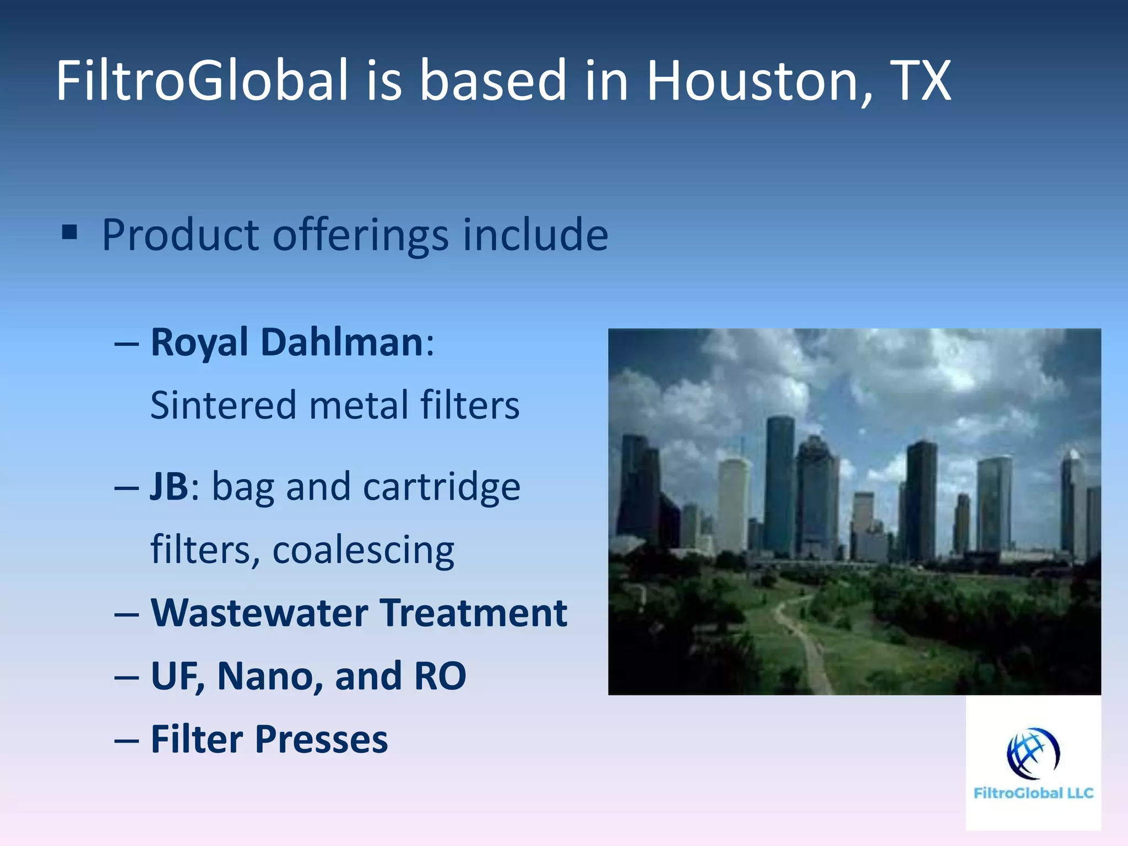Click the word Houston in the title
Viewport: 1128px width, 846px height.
(751, 82)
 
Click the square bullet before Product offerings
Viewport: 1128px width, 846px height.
(70, 233)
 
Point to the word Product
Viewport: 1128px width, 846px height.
(180, 235)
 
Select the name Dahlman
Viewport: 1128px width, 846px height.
(341, 343)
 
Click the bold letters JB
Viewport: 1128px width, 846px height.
(169, 487)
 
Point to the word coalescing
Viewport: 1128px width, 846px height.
(363, 550)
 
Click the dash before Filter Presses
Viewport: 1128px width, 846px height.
(126, 741)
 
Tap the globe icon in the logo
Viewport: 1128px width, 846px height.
(1033, 753)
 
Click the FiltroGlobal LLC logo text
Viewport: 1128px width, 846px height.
(1033, 793)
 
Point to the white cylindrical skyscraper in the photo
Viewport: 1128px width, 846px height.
(734, 504)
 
